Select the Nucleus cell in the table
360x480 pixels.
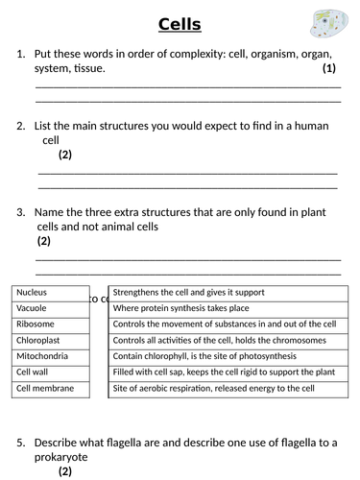[x=50, y=292]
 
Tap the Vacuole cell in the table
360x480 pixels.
[x=50, y=308]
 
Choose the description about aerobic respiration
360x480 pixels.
[x=213, y=389]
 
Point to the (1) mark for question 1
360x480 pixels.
[x=329, y=69]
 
